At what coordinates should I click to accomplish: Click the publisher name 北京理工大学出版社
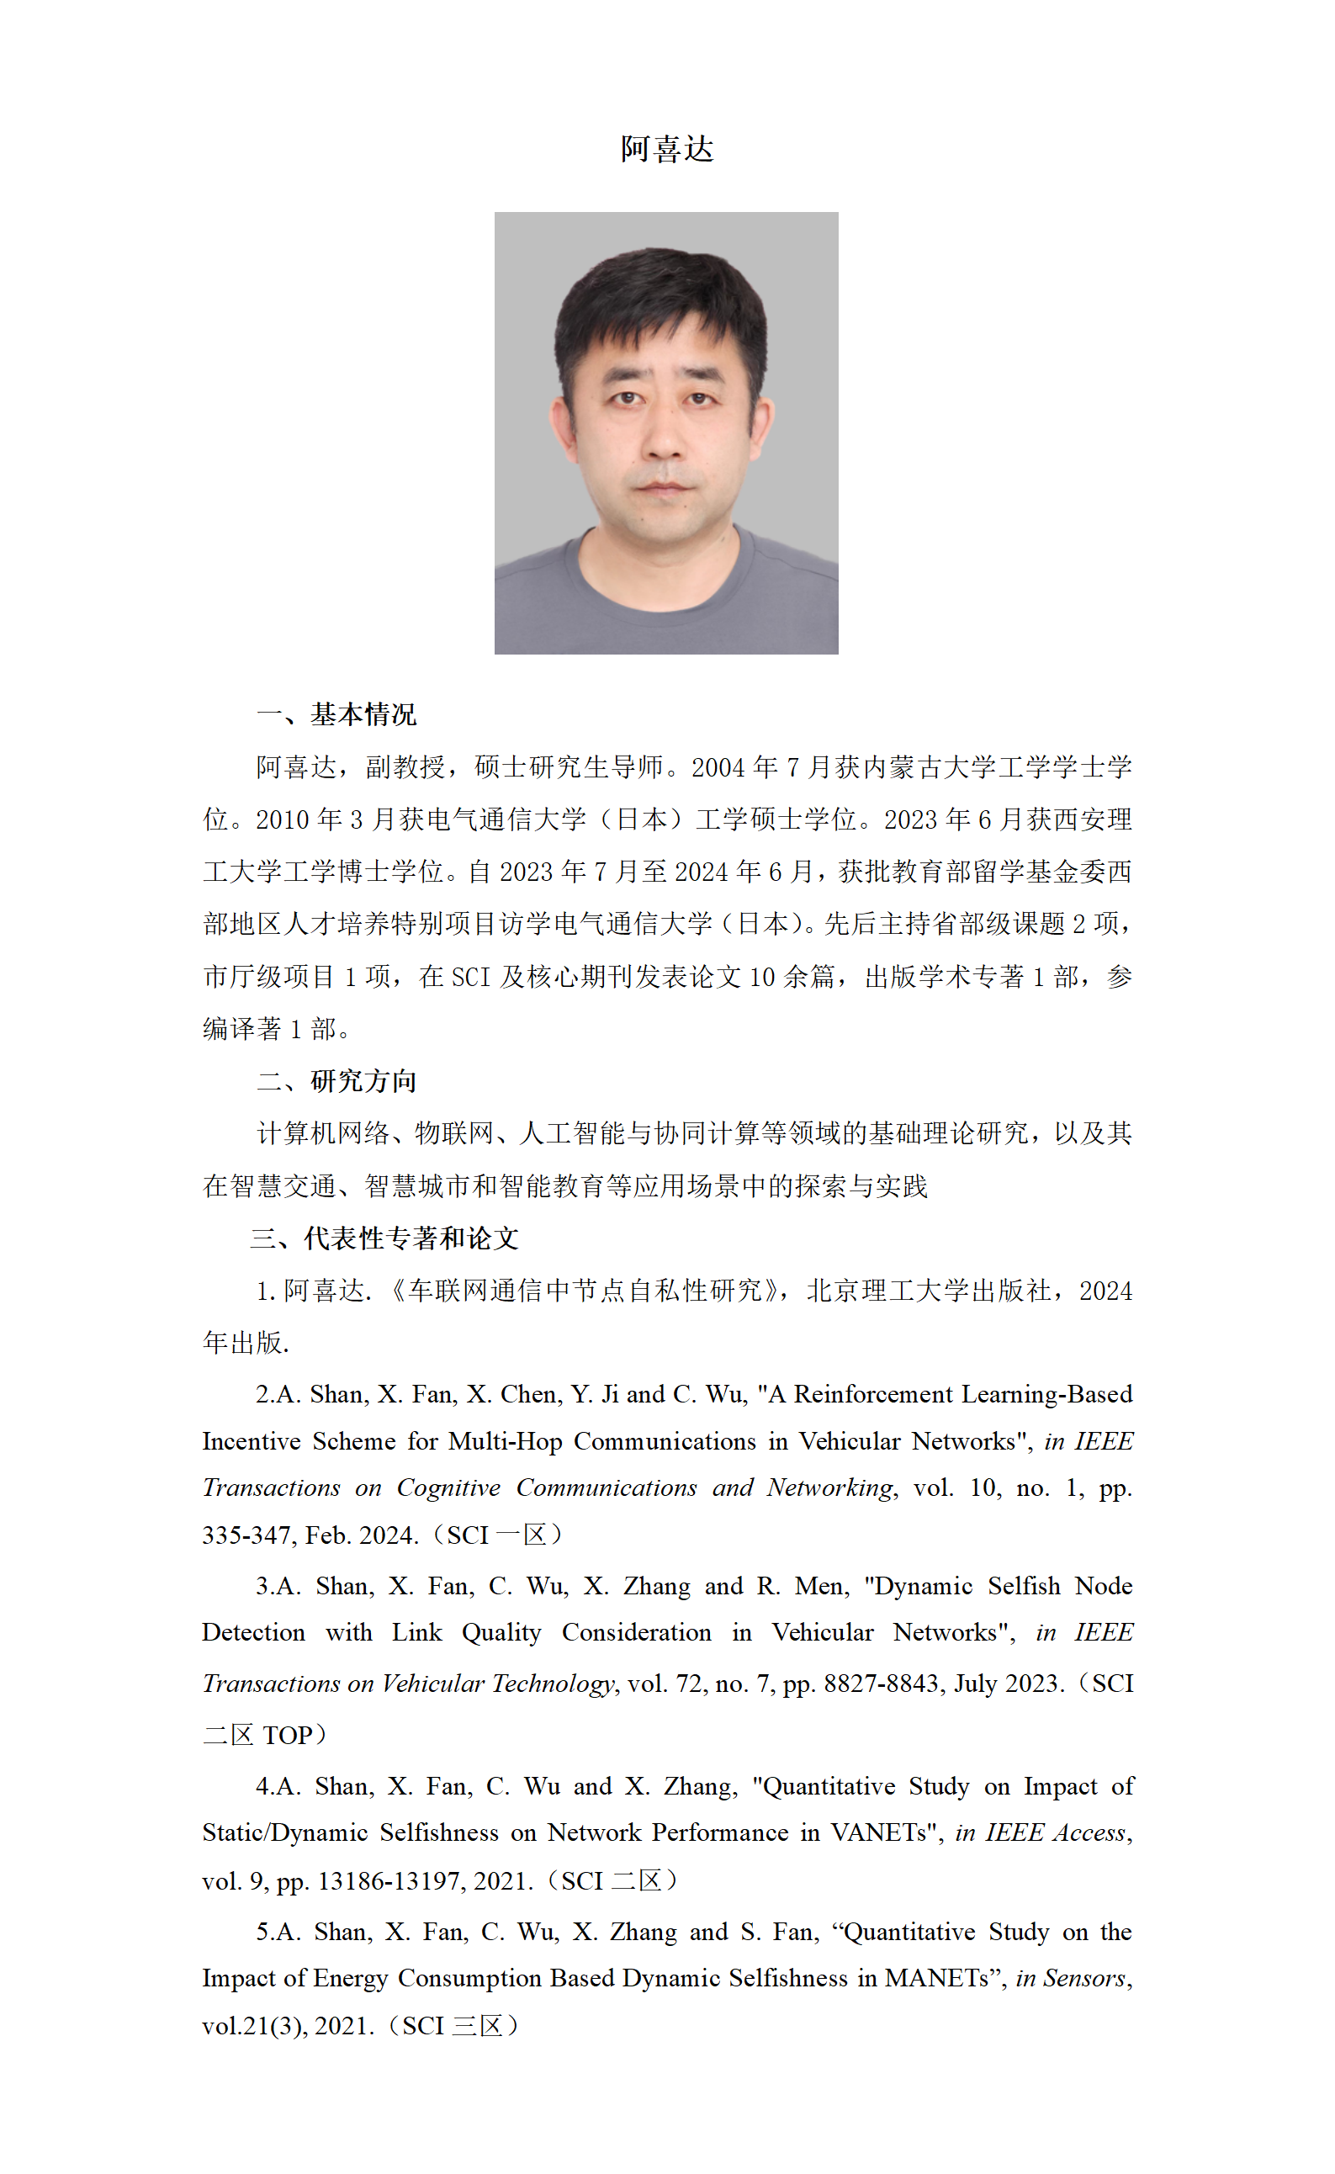point(928,1291)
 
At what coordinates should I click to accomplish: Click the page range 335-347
point(247,1535)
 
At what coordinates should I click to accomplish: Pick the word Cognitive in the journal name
point(448,1487)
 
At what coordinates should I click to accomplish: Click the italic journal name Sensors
point(1083,1979)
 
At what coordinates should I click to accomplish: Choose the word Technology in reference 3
point(552,1684)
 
